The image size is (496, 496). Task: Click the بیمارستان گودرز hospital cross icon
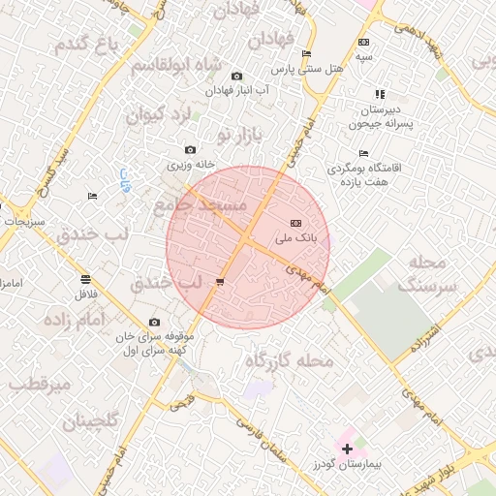(x=347, y=448)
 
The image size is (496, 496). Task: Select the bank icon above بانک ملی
(x=295, y=223)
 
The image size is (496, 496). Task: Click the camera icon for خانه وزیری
(x=190, y=150)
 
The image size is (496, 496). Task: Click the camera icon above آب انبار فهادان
(x=237, y=76)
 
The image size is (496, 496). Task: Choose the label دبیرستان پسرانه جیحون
(x=380, y=117)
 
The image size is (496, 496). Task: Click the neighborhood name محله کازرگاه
(x=288, y=361)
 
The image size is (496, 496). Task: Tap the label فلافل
(x=85, y=292)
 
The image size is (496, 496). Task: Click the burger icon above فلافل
(x=85, y=278)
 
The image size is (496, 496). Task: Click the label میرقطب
(x=41, y=383)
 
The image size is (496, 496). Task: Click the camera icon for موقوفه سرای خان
(x=154, y=323)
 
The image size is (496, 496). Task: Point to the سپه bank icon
(x=363, y=42)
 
